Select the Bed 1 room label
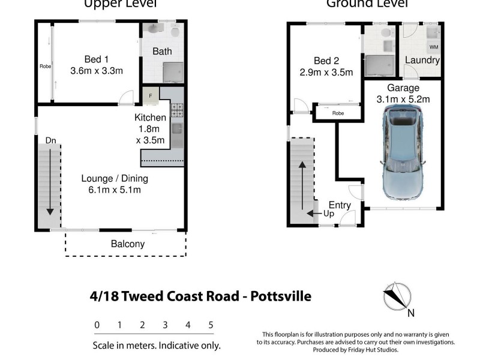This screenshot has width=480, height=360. click(96, 59)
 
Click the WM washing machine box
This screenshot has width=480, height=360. click(433, 46)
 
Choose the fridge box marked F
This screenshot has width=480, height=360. click(151, 94)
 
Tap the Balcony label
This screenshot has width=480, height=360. click(127, 244)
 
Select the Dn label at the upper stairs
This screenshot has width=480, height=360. click(51, 140)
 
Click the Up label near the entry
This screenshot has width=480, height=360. click(329, 214)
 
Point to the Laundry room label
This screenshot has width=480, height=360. click(422, 60)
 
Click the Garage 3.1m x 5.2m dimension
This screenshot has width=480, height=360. click(403, 100)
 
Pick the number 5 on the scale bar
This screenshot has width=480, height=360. click(211, 325)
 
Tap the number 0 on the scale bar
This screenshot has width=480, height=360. click(97, 325)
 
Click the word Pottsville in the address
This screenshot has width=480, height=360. click(280, 296)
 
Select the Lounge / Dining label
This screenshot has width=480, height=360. click(115, 178)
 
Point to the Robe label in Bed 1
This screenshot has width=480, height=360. click(45, 66)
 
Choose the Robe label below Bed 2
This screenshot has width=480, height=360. click(338, 113)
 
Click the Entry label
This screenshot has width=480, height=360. click(340, 205)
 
